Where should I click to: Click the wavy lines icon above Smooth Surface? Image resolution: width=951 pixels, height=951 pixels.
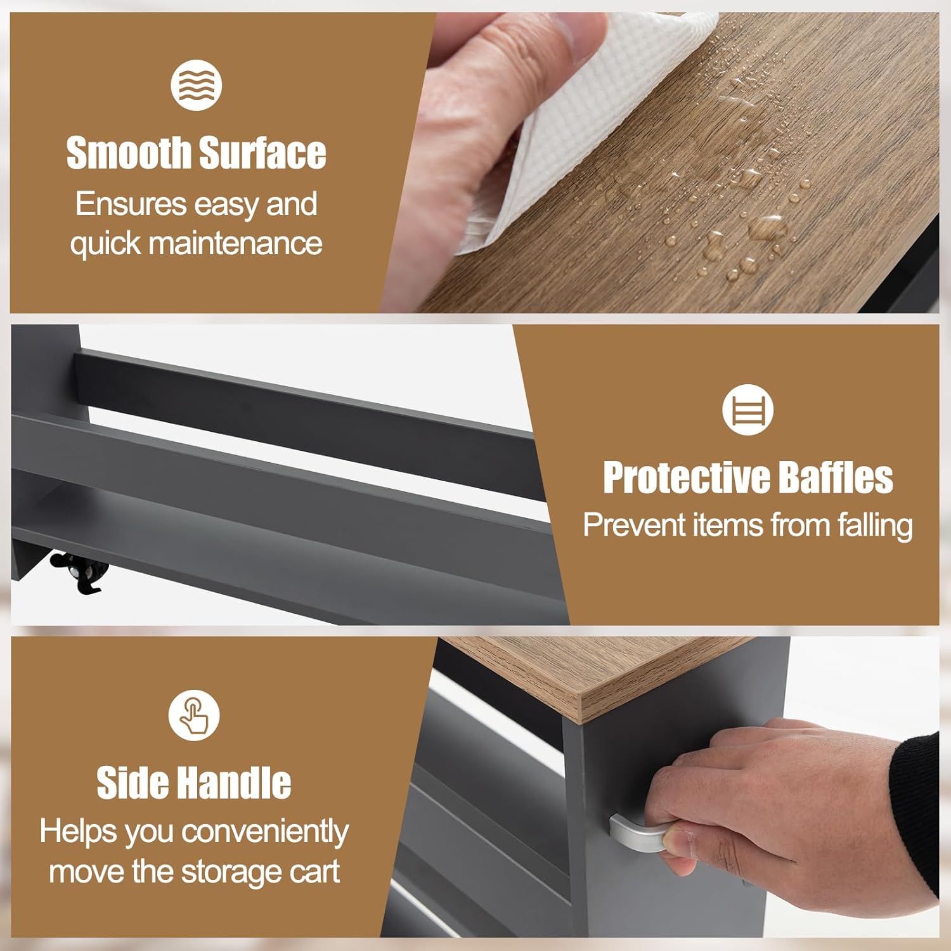[196, 85]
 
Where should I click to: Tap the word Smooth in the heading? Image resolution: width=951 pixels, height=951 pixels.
[129, 153]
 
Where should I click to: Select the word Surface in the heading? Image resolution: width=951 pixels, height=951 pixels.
[262, 153]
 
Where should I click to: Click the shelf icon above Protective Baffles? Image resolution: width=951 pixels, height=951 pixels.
[748, 410]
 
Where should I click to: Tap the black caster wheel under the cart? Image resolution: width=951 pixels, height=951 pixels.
[79, 569]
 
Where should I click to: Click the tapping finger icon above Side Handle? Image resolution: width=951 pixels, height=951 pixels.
[194, 715]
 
